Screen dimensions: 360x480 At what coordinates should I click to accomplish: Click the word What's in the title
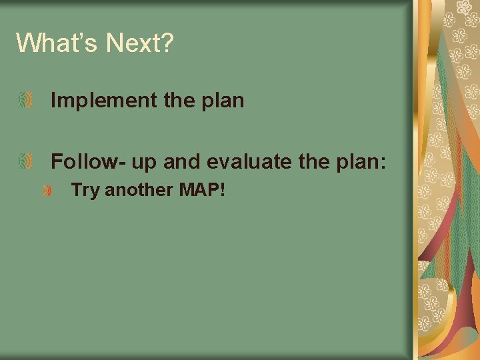tap(57, 43)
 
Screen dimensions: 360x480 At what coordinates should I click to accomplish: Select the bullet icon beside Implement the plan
tap(25, 101)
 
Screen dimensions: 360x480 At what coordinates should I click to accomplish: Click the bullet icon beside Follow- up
tap(25, 161)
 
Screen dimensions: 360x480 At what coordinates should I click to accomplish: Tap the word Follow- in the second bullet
tap(81, 161)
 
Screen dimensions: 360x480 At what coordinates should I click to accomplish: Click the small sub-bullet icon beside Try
tap(47, 191)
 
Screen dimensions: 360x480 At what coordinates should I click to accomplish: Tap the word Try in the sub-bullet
tap(85, 191)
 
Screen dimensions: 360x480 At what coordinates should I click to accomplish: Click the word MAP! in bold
tap(202, 191)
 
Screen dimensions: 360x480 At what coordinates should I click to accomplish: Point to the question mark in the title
tap(167, 43)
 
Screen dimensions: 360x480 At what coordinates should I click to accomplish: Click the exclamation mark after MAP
tap(222, 191)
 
